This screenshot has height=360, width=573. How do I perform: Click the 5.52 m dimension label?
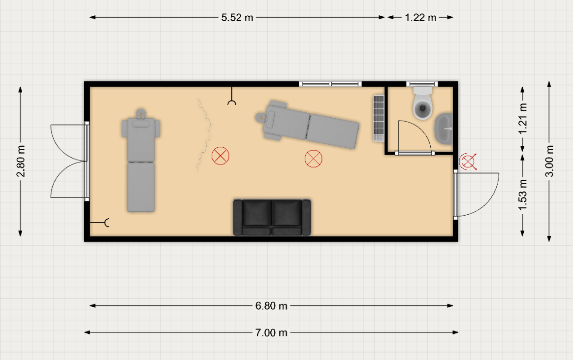click(237, 18)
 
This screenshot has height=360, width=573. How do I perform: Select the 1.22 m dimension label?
click(420, 18)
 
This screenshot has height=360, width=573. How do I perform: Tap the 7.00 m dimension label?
click(271, 332)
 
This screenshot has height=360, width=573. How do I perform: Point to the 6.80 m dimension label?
click(271, 305)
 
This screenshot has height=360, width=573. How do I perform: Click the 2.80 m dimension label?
click(21, 161)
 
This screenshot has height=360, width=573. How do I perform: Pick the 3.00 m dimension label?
click(549, 161)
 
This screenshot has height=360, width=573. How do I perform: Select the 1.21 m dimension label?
click(523, 119)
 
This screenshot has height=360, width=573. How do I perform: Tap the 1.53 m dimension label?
click(523, 195)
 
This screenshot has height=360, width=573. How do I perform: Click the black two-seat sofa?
click(272, 217)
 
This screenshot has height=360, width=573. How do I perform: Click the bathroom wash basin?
click(443, 129)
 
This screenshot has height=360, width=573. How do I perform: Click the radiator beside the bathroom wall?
click(379, 118)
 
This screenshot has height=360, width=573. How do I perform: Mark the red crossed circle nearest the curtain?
click(221, 156)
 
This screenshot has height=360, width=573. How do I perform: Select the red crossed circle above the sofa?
click(314, 159)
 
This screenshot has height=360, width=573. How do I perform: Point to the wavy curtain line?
click(204, 135)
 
